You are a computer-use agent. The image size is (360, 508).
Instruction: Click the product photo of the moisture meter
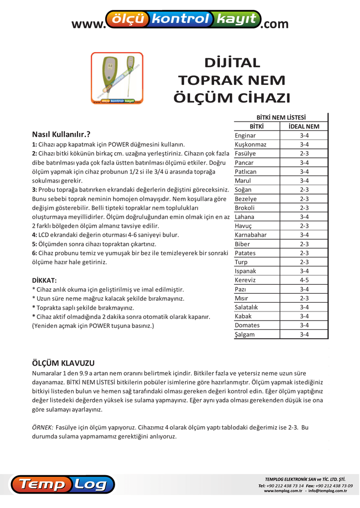click(x=117, y=78)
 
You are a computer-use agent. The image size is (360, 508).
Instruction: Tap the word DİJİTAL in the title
click(x=232, y=63)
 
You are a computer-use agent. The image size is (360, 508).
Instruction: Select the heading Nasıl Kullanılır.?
click(x=61, y=134)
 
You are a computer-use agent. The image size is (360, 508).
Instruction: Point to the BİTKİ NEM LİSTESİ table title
click(x=281, y=118)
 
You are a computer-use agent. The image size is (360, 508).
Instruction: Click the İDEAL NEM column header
click(x=304, y=127)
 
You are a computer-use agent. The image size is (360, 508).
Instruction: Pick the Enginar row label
click(x=245, y=135)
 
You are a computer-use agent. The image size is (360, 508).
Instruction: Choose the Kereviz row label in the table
click(x=245, y=280)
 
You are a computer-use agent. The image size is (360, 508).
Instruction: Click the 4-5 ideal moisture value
click(x=304, y=280)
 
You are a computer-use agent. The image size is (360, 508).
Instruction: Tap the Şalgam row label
click(x=244, y=334)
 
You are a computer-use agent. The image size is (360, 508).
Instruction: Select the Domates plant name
click(x=247, y=325)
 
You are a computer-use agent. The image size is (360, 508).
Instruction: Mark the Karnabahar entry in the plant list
click(x=251, y=235)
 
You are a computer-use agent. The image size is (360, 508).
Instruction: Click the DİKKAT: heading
click(x=44, y=280)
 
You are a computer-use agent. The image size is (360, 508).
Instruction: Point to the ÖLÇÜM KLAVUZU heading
click(x=63, y=363)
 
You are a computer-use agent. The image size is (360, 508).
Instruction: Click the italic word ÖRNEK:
click(x=42, y=427)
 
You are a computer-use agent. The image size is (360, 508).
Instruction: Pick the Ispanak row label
click(x=245, y=271)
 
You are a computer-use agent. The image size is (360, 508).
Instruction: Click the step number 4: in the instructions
click(x=35, y=235)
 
